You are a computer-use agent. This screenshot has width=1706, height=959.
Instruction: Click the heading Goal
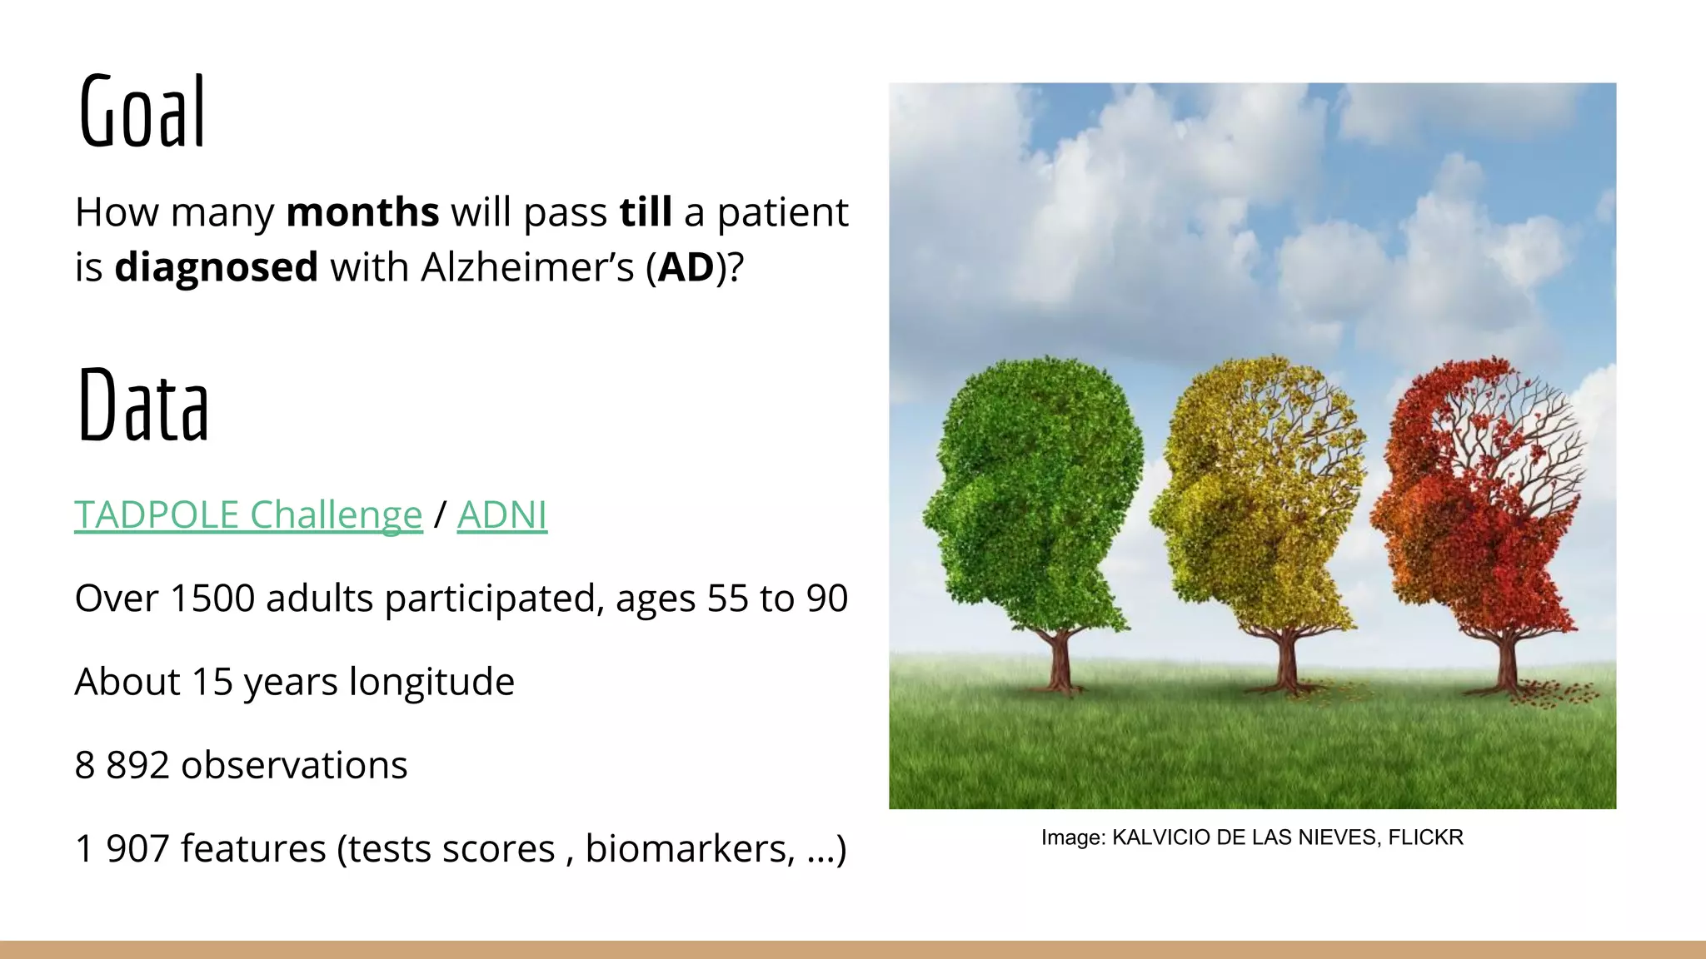pyautogui.click(x=142, y=112)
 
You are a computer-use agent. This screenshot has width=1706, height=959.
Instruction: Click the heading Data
pyautogui.click(x=143, y=406)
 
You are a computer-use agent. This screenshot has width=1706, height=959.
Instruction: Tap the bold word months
pyautogui.click(x=362, y=212)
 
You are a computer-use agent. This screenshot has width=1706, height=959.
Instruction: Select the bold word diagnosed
pyautogui.click(x=216, y=267)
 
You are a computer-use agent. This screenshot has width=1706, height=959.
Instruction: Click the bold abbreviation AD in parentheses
pyautogui.click(x=686, y=267)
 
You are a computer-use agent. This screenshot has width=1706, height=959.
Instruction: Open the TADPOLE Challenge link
pyautogui.click(x=248, y=514)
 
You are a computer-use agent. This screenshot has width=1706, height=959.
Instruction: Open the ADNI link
pyautogui.click(x=501, y=514)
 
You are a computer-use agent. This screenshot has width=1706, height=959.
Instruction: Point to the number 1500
pyautogui.click(x=212, y=599)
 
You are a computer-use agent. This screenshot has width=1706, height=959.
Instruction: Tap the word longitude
pyautogui.click(x=431, y=682)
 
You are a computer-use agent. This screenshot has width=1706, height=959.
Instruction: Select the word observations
pyautogui.click(x=294, y=765)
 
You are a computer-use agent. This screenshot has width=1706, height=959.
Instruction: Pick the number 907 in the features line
pyautogui.click(x=137, y=848)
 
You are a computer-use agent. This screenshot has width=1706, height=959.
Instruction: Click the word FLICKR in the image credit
pyautogui.click(x=1425, y=837)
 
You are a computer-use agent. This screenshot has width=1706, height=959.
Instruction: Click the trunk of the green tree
pyautogui.click(x=1060, y=662)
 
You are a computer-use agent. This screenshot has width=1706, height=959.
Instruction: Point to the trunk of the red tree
pyautogui.click(x=1506, y=662)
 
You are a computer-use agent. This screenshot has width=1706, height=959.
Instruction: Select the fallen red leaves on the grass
pyautogui.click(x=1556, y=693)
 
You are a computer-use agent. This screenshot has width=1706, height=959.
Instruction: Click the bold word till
pyautogui.click(x=646, y=212)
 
